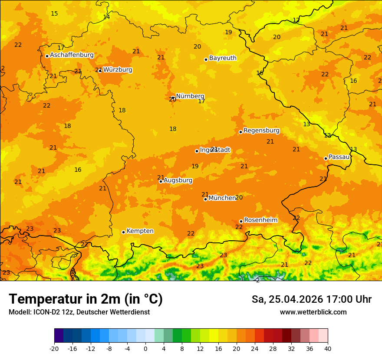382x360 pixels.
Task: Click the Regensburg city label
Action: pyautogui.click(x=261, y=131)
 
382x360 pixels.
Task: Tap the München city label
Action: pyautogui.click(x=222, y=198)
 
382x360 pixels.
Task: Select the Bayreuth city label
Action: pyautogui.click(x=223, y=58)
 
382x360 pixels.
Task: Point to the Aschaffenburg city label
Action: pyautogui.click(x=72, y=55)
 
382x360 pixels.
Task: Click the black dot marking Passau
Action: pyautogui.click(x=326, y=158)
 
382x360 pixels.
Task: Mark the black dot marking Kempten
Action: pyautogui.click(x=123, y=232)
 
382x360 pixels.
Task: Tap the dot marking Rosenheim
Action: pyautogui.click(x=241, y=221)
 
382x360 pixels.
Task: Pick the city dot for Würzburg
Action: pyautogui.click(x=100, y=70)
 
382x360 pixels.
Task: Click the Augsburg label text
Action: pyautogui.click(x=178, y=180)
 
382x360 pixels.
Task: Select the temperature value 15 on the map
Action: pyautogui.click(x=54, y=14)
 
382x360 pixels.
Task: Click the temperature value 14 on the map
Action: pyautogui.click(x=106, y=17)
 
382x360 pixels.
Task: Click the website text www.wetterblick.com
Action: pyautogui.click(x=313, y=312)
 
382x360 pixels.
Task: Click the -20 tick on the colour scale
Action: pyautogui.click(x=54, y=348)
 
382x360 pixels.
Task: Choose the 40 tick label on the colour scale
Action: pyautogui.click(x=328, y=348)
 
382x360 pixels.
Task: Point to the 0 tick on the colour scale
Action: pyautogui.click(x=145, y=348)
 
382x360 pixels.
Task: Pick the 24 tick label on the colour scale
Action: pyautogui.click(x=255, y=348)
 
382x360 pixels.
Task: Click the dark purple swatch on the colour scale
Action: pyautogui.click(x=59, y=336)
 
